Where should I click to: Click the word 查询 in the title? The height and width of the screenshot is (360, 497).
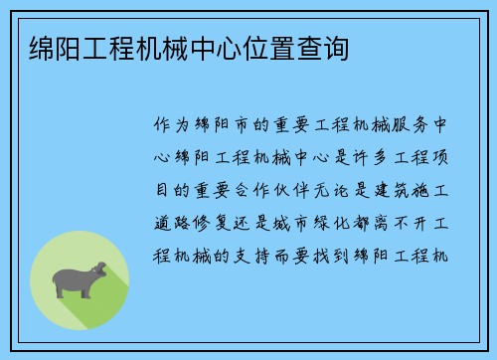(x=323, y=48)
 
